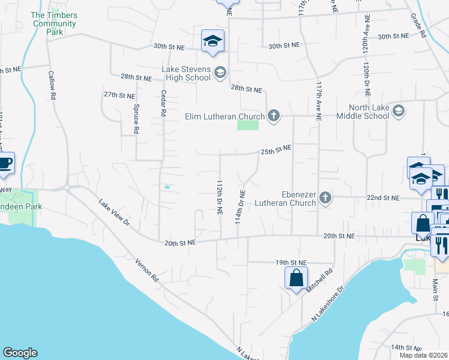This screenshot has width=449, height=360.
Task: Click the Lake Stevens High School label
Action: pyautogui.click(x=186, y=73)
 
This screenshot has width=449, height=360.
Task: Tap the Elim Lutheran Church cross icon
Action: pyautogui.click(x=274, y=115)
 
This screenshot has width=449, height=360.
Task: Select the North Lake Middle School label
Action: pyautogui.click(x=364, y=112)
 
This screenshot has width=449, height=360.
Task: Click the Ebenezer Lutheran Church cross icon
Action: pyautogui.click(x=325, y=197)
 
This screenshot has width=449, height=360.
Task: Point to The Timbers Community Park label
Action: pyautogui.click(x=54, y=24)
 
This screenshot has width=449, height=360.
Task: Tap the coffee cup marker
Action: pyautogui.click(x=5, y=163)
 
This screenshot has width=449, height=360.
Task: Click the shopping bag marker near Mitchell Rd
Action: pyautogui.click(x=297, y=278)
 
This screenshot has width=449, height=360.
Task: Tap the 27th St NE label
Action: pyautogui.click(x=119, y=95)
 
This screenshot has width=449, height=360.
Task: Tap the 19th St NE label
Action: pyautogui.click(x=291, y=262)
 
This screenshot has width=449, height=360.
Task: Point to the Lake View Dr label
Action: pyautogui.click(x=114, y=213)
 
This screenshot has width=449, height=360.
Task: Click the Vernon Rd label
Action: pyautogui.click(x=146, y=271)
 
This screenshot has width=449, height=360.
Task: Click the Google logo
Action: pyautogui.click(x=20, y=353)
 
